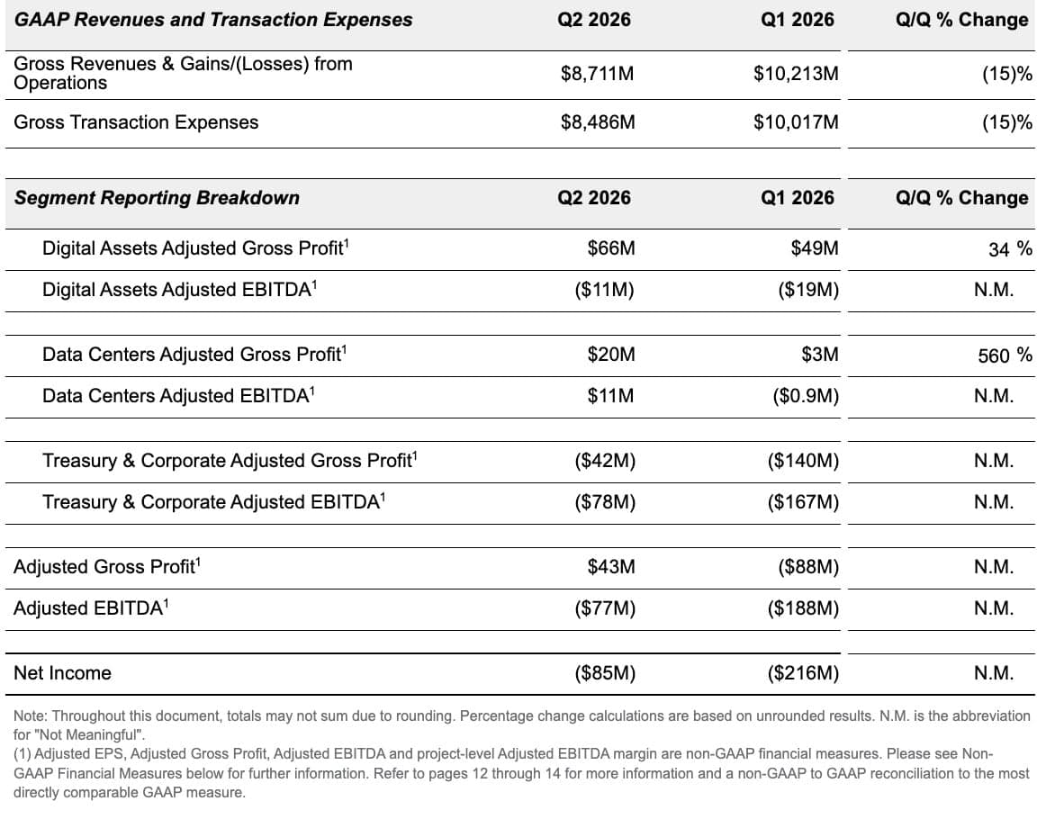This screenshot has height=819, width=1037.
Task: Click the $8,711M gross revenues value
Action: coord(597,74)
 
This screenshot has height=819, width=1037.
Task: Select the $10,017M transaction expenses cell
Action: coord(796,122)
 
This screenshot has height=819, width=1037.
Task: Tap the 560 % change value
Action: coord(1005,355)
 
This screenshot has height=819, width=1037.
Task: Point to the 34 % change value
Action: coord(1010,249)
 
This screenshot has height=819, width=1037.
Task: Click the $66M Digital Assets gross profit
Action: coord(611,248)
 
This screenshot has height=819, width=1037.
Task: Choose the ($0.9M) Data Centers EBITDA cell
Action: coord(806,396)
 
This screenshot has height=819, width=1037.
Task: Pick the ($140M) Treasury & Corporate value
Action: coord(803,461)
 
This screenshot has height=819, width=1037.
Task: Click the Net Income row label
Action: coord(63,673)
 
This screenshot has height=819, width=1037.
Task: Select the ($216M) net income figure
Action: coord(803,673)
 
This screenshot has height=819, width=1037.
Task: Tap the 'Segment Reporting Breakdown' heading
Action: coord(158,198)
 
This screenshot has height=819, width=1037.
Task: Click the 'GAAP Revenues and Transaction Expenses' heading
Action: coord(213,20)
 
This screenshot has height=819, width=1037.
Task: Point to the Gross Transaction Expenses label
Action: coord(136,122)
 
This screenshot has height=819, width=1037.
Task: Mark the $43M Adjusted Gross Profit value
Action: coord(611,567)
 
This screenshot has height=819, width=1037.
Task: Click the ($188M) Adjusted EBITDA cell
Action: coord(803,608)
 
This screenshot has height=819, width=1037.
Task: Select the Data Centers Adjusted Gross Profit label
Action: coord(194,355)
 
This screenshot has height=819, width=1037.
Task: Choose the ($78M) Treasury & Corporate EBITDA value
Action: coord(605,502)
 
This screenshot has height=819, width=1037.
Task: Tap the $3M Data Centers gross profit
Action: coord(820,355)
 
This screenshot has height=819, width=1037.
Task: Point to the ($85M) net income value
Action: coord(605,673)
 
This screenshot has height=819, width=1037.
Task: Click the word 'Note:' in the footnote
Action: coord(31,715)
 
